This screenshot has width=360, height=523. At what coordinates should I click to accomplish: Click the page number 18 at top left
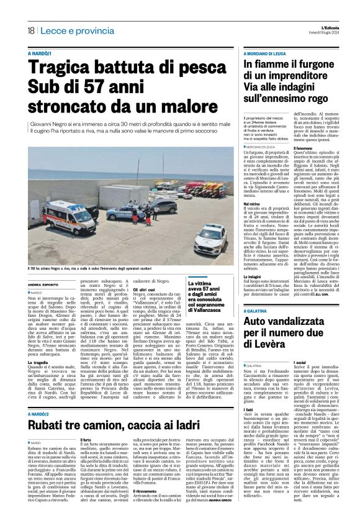pos(30,30)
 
